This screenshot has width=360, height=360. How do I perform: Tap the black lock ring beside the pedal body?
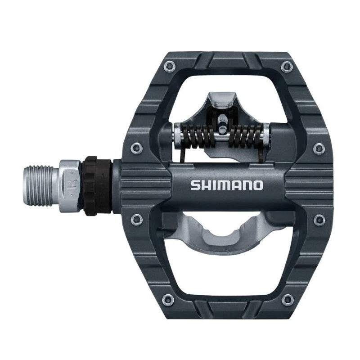click(97, 184)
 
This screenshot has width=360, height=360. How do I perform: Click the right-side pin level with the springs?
click(319, 147)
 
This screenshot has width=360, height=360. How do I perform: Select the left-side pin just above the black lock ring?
click(134, 147)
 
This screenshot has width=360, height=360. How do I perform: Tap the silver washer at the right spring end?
click(266, 134)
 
